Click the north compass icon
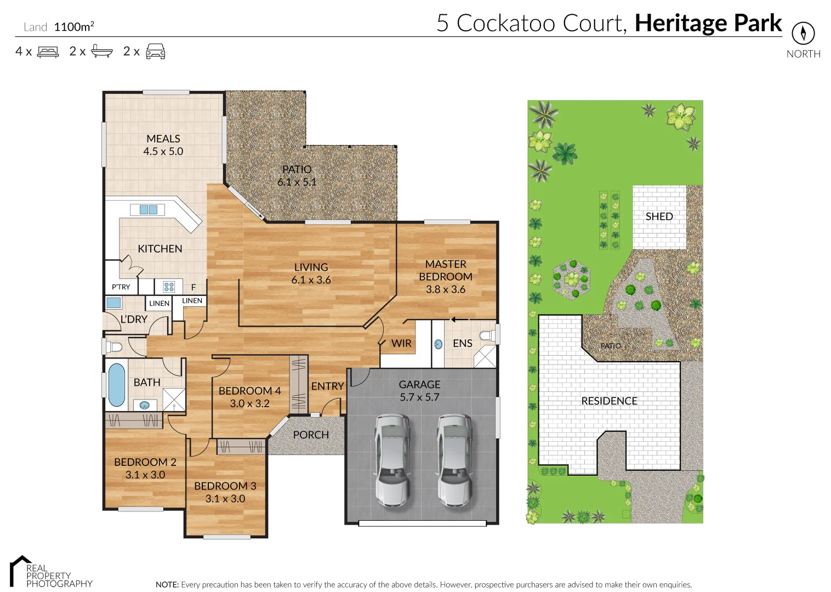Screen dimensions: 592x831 (803, 33)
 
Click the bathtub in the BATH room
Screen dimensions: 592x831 (116, 385)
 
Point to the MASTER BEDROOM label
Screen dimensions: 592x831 (445, 270)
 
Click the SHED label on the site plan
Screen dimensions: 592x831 (659, 217)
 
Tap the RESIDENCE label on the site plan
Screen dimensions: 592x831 (609, 401)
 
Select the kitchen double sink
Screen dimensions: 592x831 (148, 209)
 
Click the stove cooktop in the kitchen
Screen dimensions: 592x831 (169, 286)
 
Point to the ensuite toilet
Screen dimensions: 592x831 (487, 335)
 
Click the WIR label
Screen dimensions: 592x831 (401, 343)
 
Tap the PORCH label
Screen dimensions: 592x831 (311, 435)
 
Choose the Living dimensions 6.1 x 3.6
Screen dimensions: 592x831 (311, 280)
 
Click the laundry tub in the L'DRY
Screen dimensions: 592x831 (113, 303)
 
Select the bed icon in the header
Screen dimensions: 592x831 (48, 52)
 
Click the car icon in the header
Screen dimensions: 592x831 (156, 52)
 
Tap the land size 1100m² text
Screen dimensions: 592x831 (74, 26)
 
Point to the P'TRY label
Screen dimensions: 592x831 (121, 287)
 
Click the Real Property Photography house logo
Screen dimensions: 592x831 (20, 570)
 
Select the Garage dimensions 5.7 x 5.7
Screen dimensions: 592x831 (419, 397)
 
